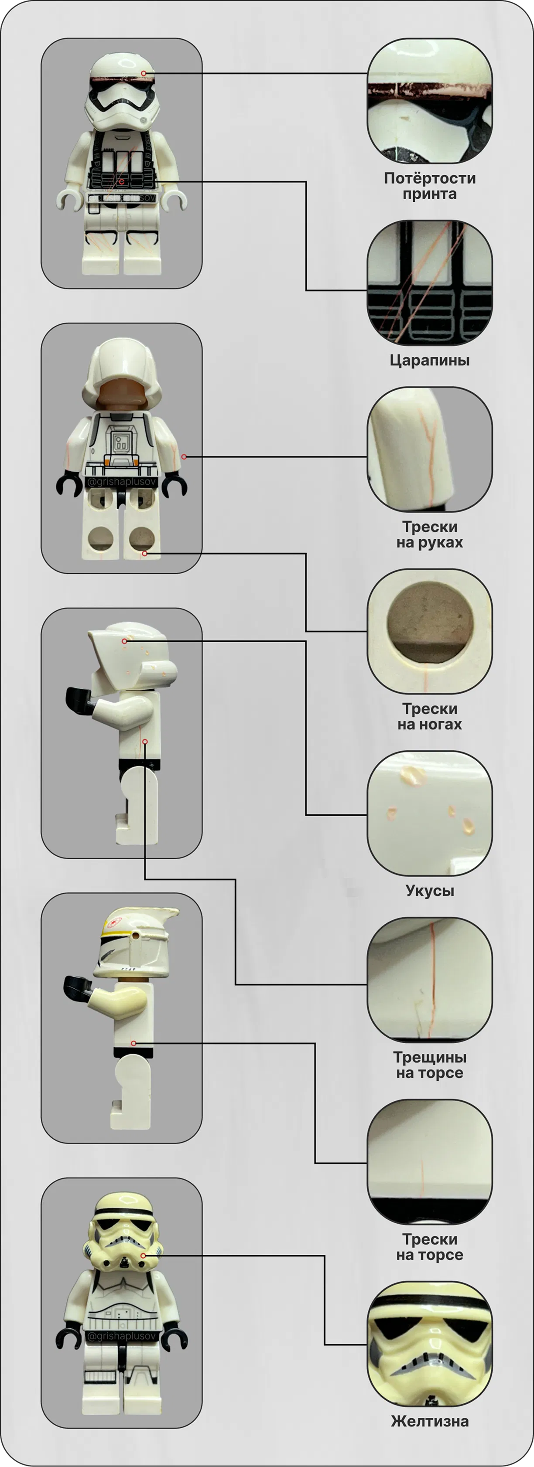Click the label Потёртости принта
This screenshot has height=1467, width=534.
tap(430, 186)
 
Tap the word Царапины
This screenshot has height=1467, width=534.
tap(430, 361)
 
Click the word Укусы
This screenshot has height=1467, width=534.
tap(430, 890)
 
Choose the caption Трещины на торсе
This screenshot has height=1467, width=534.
tap(430, 1065)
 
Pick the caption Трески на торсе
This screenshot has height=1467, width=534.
tap(430, 1247)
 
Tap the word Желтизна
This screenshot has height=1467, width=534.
tap(430, 1421)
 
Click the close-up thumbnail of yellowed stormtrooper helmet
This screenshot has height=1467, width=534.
tap(430, 1344)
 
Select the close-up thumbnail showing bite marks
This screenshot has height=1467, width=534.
tap(430, 814)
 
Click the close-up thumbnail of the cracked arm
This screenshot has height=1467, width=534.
tap(430, 449)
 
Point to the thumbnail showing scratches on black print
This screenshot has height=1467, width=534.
tap(430, 283)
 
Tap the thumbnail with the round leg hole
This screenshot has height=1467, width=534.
tap(430, 632)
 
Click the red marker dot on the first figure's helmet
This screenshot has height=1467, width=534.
tap(144, 74)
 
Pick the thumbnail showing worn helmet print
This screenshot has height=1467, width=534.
tap(430, 101)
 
